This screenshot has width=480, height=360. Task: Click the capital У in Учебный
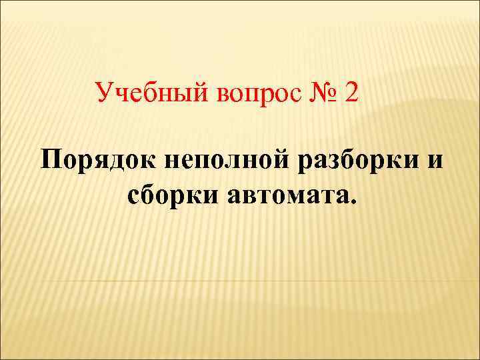pos(105,91)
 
